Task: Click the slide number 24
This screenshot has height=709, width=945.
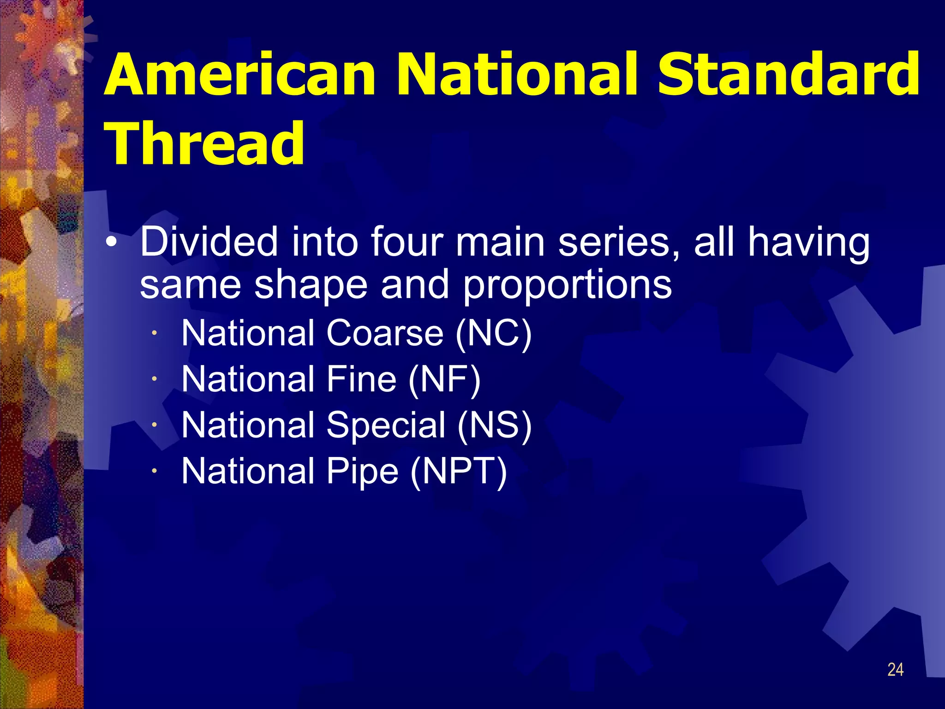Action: tap(895, 670)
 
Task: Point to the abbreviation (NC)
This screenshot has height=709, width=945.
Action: tap(493, 333)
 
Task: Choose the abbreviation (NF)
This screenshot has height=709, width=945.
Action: tap(444, 379)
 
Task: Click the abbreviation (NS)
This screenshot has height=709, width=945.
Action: tap(494, 425)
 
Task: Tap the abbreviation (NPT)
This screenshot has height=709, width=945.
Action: tap(459, 471)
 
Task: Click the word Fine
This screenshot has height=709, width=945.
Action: tap(361, 379)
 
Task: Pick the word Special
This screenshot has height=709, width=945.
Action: tap(386, 425)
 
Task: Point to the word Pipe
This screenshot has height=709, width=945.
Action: tap(362, 471)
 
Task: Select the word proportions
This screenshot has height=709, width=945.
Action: tap(567, 285)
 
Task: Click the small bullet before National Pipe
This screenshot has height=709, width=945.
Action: tap(156, 471)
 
